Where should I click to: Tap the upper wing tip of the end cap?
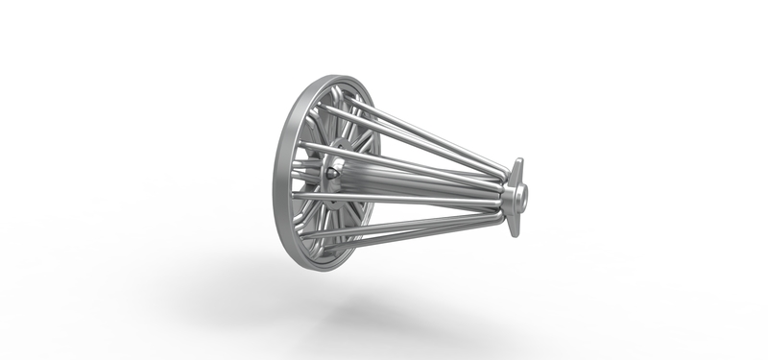pos(517,164)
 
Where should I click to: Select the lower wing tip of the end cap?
pos(513,230)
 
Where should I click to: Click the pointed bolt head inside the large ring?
pos(331,172)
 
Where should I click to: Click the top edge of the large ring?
pos(331,77)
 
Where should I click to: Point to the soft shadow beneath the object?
pos(384,307)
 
